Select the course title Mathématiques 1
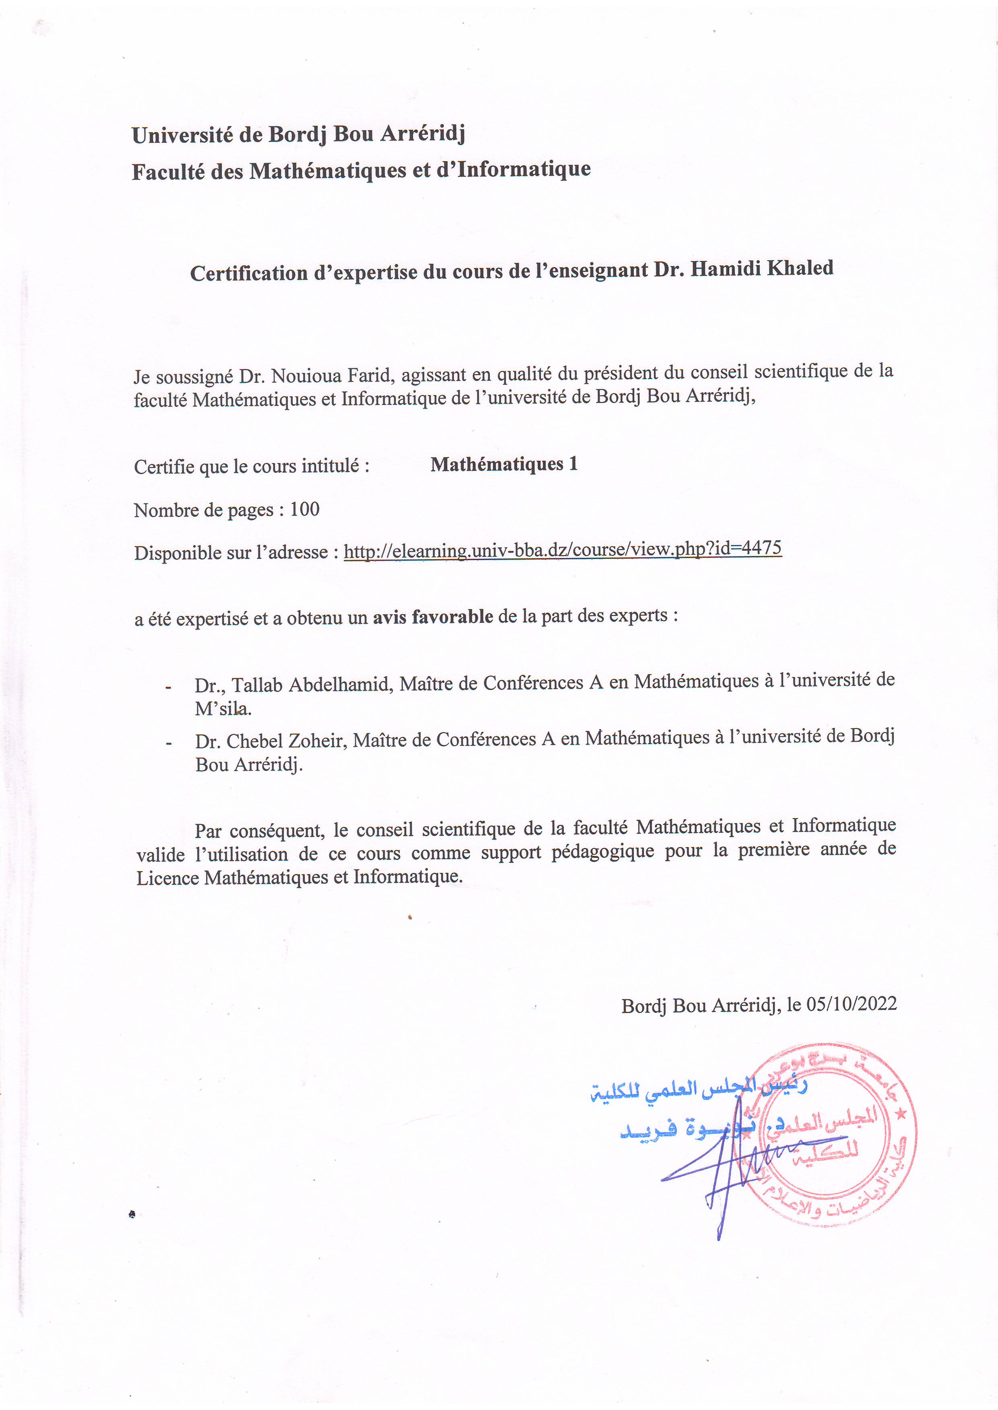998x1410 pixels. (504, 464)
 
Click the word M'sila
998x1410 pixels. (223, 709)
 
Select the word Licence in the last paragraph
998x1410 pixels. (167, 878)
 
